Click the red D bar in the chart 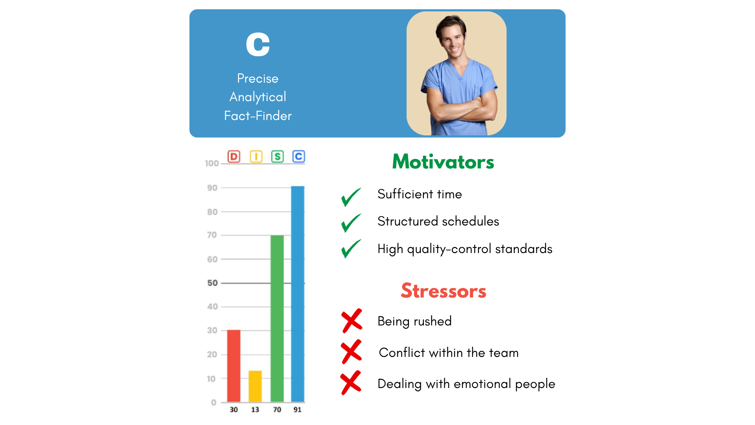coord(234,366)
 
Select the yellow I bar coord(255,386)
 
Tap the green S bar coord(277,319)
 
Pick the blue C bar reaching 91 coord(298,294)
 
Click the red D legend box coord(234,157)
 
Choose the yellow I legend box coord(256,157)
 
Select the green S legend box coord(278,157)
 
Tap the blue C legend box coord(299,157)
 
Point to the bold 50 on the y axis coord(212,283)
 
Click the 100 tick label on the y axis coord(212,163)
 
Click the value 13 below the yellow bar coord(255,410)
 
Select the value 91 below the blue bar coord(298,410)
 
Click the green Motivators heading coord(443,162)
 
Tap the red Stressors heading coord(444,291)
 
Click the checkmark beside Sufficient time coord(351,197)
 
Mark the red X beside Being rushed coord(352,321)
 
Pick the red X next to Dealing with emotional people coord(351,382)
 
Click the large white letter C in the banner coord(258,44)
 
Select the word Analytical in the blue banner coord(258,97)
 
